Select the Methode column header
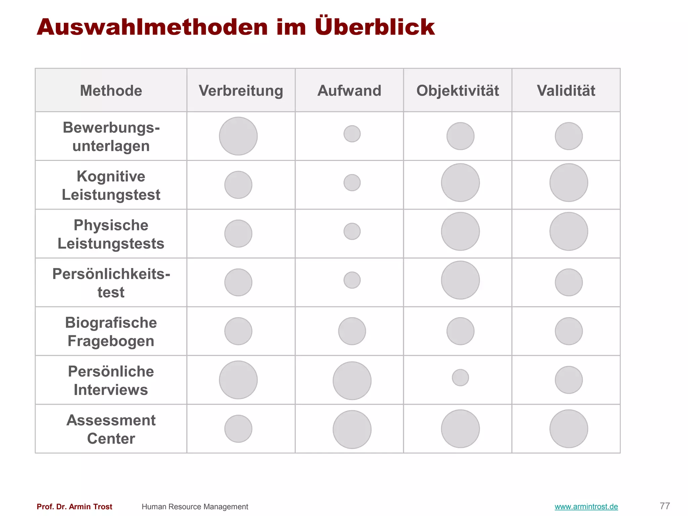(111, 91)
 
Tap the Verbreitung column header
(241, 91)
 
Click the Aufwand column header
(349, 91)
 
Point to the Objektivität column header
(458, 91)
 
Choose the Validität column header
(566, 91)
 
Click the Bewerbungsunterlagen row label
(111, 137)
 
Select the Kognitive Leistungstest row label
(111, 185)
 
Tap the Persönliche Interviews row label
(111, 381)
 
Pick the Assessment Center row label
(111, 429)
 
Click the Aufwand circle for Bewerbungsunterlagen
(352, 134)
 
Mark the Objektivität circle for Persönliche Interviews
(460, 378)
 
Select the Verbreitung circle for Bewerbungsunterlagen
(238, 136)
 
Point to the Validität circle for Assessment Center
(569, 429)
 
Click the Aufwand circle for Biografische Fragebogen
(352, 331)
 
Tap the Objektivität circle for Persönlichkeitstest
(460, 280)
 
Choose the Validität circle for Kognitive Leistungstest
(569, 183)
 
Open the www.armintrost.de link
(586, 507)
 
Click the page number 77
(665, 506)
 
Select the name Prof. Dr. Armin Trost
(75, 507)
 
